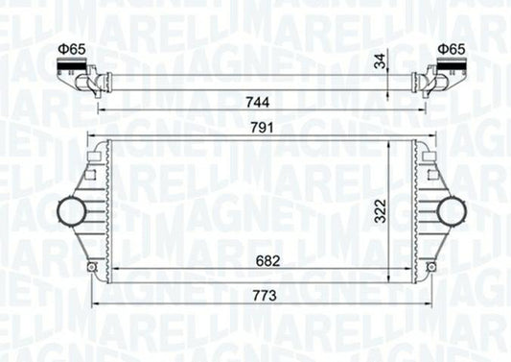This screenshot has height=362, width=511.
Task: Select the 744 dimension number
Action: point(258,100)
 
